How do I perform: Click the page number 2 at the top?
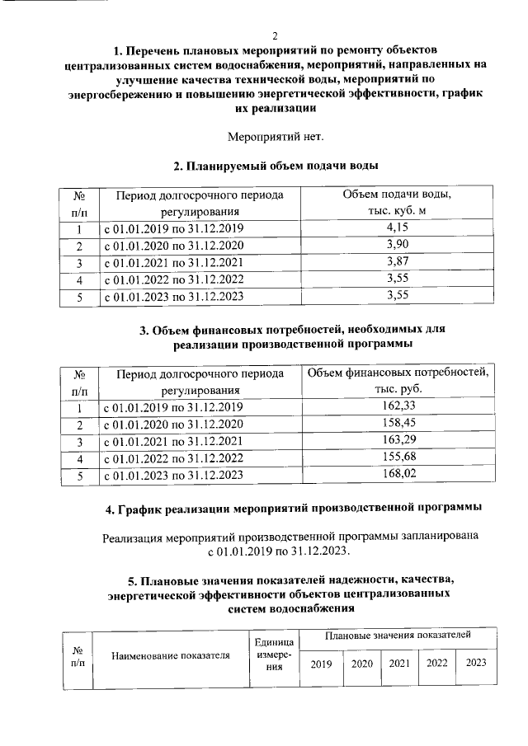[x=275, y=35]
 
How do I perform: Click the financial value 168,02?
[x=398, y=475]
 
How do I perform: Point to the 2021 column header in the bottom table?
[x=399, y=664]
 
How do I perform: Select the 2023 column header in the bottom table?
[x=476, y=664]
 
